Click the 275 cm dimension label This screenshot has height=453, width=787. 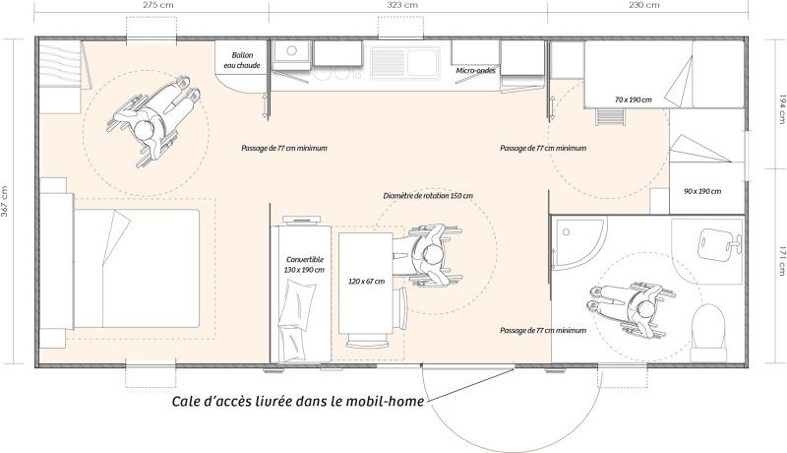pyautogui.click(x=153, y=5)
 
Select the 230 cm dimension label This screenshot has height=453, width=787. pyautogui.click(x=643, y=5)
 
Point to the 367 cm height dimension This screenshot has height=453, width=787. pyautogui.click(x=6, y=202)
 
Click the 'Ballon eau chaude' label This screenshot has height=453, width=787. pyautogui.click(x=242, y=60)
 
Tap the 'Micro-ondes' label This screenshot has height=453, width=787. pyautogui.click(x=474, y=71)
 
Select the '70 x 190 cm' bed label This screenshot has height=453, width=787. pyautogui.click(x=634, y=100)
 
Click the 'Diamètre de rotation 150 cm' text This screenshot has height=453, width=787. pyautogui.click(x=428, y=196)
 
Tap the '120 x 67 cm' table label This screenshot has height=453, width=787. pyautogui.click(x=366, y=282)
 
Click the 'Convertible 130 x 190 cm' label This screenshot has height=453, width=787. pyautogui.click(x=303, y=264)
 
